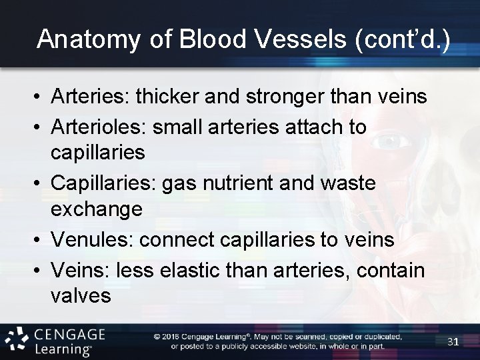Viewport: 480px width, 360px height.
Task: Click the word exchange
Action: coord(97,209)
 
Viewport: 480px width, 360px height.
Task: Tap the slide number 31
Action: coord(453,341)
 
